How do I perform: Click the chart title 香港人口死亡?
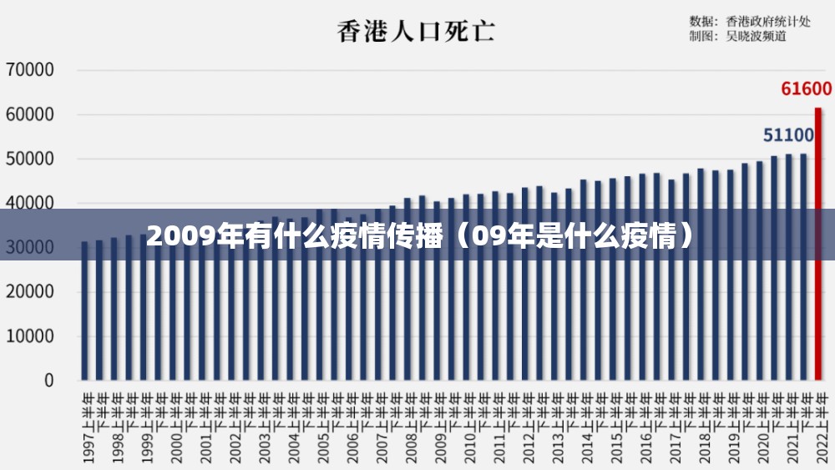coord(416,32)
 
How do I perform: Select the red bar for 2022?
coord(818,242)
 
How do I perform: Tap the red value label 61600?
coord(806,88)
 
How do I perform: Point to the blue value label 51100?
coord(788,135)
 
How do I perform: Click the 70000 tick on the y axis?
coord(30,70)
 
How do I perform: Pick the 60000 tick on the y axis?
coord(30,114)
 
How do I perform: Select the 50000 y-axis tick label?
coord(30,159)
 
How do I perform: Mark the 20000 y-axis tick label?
coord(30,292)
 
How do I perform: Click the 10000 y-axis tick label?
coord(30,336)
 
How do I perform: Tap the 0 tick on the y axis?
coord(48,381)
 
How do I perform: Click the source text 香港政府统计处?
coord(768,21)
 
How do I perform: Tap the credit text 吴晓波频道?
coord(756,36)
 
